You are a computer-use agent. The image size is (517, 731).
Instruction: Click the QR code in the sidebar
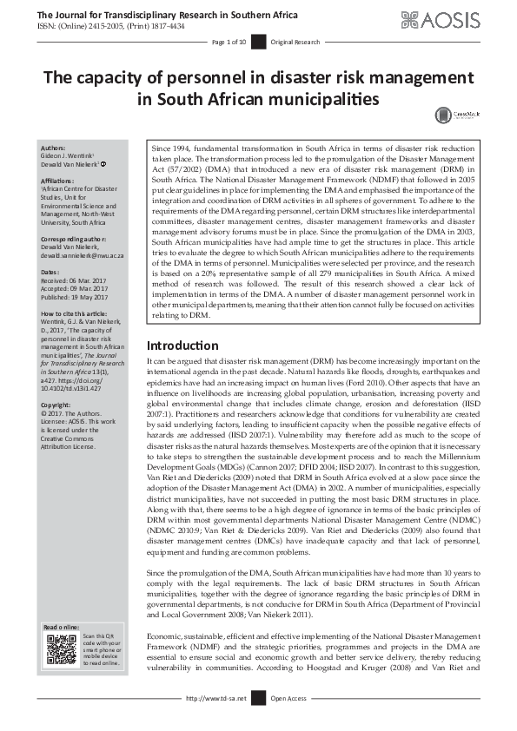(62, 649)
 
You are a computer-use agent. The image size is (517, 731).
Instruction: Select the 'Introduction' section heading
(183, 370)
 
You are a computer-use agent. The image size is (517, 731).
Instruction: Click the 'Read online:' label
(62, 627)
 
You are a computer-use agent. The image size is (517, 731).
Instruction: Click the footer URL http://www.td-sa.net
(216, 697)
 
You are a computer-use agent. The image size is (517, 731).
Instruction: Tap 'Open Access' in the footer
(288, 697)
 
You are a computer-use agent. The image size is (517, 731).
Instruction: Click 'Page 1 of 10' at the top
(229, 42)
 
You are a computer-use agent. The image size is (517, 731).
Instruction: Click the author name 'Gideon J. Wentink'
(72, 156)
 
